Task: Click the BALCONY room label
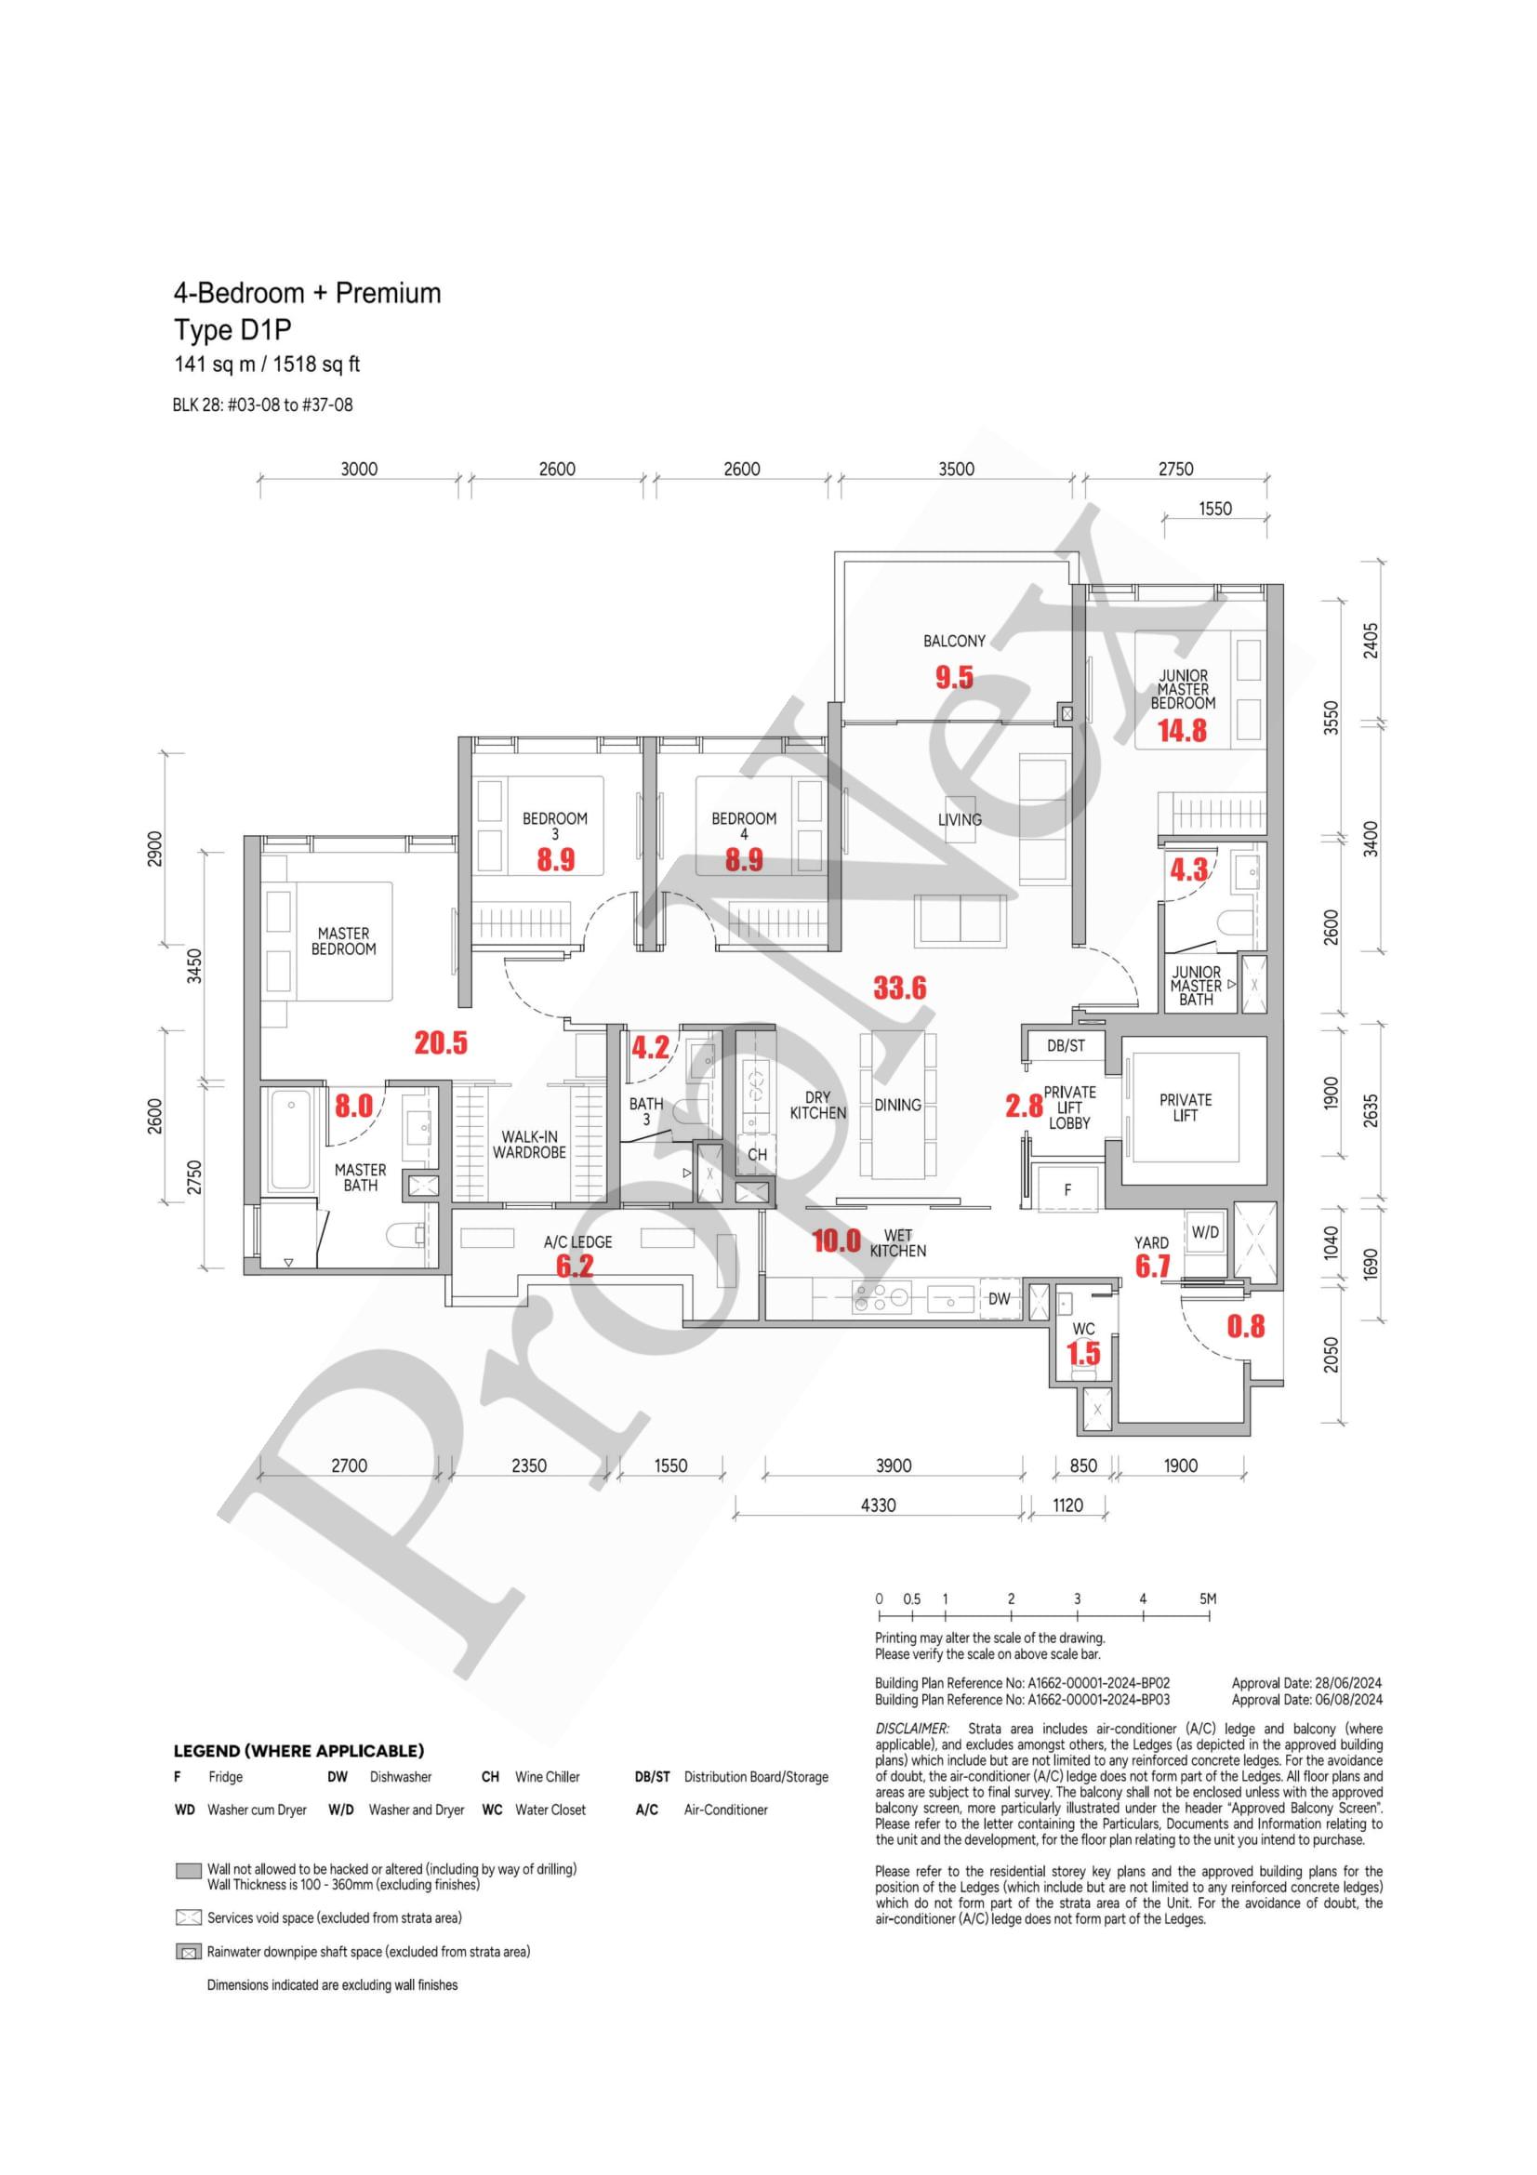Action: (954, 642)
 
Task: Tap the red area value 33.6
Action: (900, 988)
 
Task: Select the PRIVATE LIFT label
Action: (1185, 1107)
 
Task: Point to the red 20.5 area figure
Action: (441, 1043)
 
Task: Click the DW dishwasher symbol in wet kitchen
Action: (1000, 1299)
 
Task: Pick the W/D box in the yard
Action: (1205, 1232)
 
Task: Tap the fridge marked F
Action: (1067, 1190)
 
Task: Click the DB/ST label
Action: (1066, 1046)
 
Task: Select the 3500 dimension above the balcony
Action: (956, 469)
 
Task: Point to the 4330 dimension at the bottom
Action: (878, 1505)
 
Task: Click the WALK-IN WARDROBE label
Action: (528, 1145)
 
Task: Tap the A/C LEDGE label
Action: (577, 1241)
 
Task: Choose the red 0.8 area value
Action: (1245, 1326)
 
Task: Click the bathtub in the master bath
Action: (292, 1143)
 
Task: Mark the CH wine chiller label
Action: (757, 1155)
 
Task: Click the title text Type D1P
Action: (233, 331)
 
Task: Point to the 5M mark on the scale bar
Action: (1208, 1599)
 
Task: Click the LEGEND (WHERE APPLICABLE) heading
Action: (298, 1751)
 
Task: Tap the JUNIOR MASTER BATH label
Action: (1196, 985)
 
